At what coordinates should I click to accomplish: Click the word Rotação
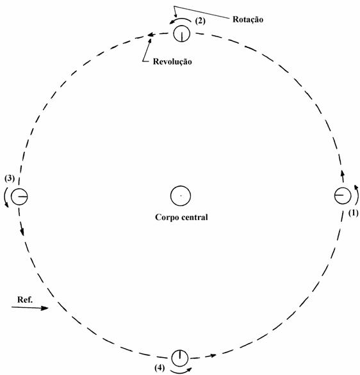(248, 19)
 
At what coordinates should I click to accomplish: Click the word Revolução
(172, 61)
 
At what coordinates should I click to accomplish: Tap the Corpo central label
(181, 217)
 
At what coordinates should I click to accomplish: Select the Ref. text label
(24, 299)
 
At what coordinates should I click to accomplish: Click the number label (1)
(354, 212)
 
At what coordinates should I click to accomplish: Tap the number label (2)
(200, 21)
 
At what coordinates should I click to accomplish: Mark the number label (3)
(10, 179)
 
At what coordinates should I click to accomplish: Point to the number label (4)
(160, 367)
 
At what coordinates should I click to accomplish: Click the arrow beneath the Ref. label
(30, 308)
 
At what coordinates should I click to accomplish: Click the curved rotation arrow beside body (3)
(4, 196)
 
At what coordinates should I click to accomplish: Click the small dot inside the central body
(181, 196)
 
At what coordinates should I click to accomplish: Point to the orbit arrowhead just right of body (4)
(213, 355)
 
